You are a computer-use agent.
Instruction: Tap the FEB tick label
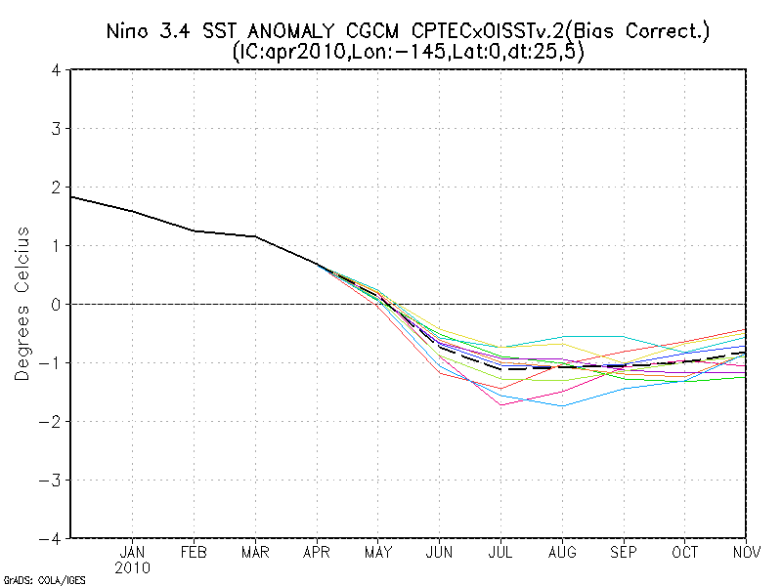click(194, 552)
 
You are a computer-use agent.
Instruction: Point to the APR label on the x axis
click(316, 552)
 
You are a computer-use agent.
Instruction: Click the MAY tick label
click(377, 552)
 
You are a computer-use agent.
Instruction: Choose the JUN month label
click(439, 552)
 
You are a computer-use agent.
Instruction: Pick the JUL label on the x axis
click(500, 552)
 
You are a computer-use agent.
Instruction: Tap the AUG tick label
click(562, 552)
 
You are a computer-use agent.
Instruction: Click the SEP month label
click(624, 552)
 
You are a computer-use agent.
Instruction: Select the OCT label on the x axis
click(685, 552)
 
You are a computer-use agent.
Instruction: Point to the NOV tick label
click(747, 552)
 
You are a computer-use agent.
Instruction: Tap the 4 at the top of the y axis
click(58, 70)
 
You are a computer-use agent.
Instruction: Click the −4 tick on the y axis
click(53, 538)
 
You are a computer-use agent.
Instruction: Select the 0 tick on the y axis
click(58, 305)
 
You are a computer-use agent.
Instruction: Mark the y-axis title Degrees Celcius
click(22, 304)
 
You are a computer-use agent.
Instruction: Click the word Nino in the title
click(128, 33)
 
